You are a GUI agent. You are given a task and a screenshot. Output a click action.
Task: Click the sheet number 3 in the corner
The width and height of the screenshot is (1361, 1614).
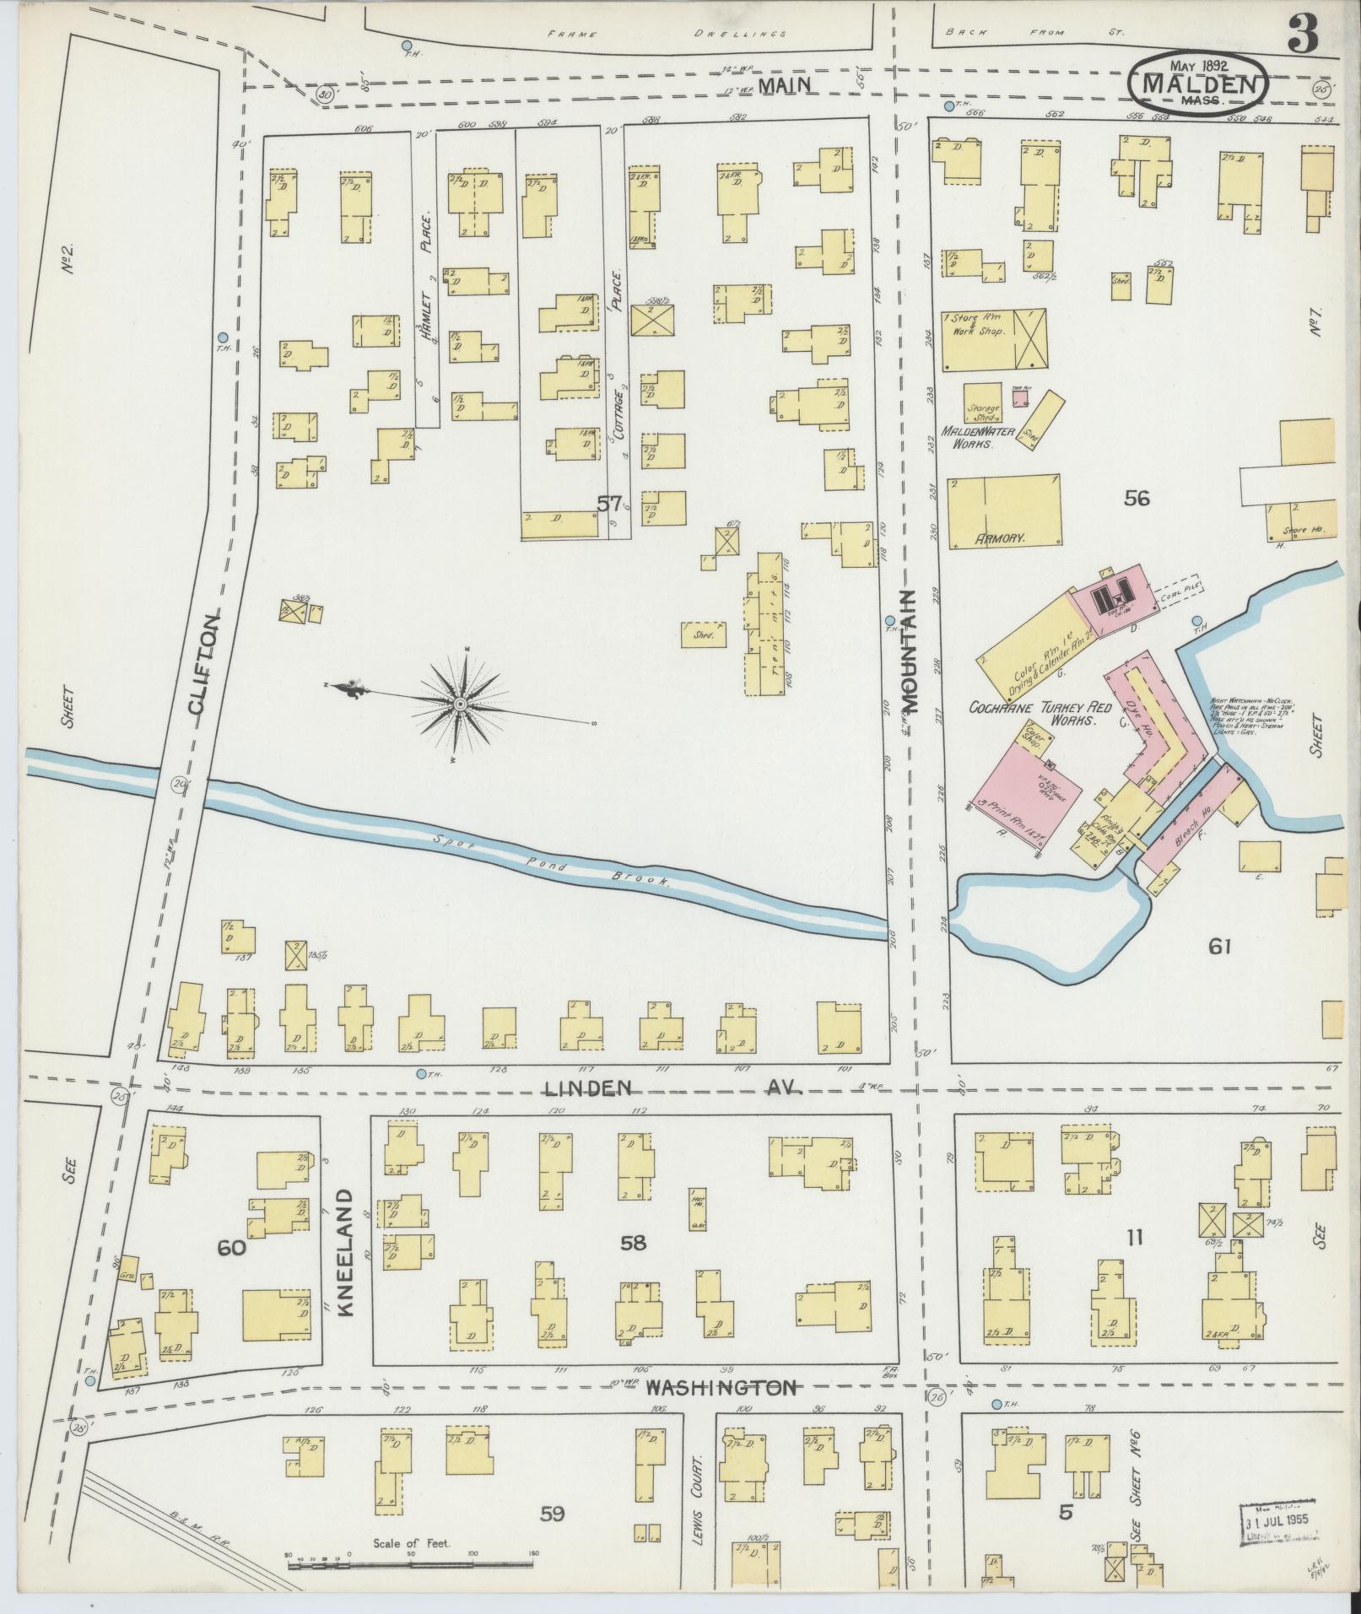point(1304,33)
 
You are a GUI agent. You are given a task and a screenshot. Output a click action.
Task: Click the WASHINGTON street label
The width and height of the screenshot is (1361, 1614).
point(721,1387)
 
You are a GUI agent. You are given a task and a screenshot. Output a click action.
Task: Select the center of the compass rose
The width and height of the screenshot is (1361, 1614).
point(461,704)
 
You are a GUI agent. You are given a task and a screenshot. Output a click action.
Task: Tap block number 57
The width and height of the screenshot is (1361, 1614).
point(609,504)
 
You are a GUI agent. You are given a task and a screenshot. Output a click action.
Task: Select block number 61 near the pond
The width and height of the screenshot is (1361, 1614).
point(1219,947)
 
